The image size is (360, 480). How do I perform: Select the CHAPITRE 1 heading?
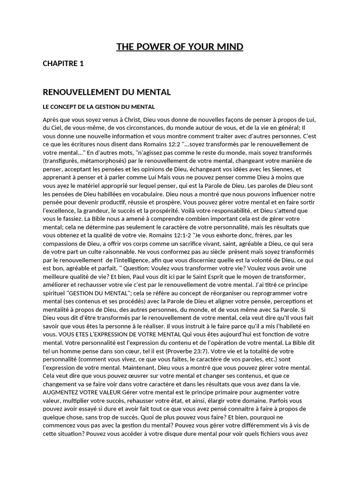pyautogui.click(x=63, y=64)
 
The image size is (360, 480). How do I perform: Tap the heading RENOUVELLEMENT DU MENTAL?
pyautogui.click(x=107, y=92)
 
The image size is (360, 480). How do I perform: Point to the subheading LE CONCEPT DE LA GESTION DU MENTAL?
pyautogui.click(x=98, y=107)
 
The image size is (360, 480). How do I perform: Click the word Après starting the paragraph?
pyautogui.click(x=52, y=120)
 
